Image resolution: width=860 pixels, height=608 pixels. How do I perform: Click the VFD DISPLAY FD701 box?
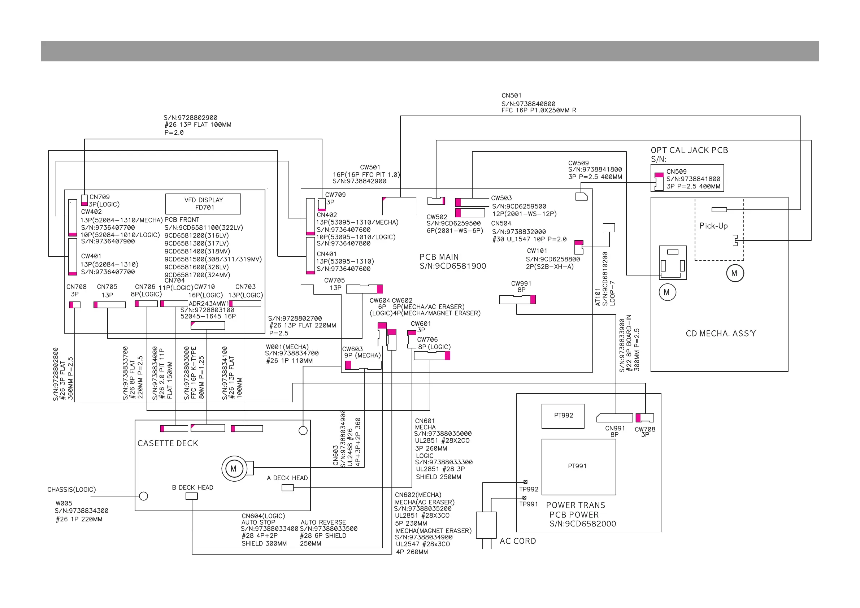pos(203,204)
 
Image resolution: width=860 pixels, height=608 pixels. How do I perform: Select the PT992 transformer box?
pos(563,416)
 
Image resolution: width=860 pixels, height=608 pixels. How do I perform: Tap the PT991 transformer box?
pos(578,466)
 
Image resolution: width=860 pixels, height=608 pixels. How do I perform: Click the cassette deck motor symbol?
pos(233,468)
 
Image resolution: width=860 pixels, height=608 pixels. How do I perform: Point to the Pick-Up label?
pos(713,226)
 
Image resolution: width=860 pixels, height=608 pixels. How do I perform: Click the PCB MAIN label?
pos(439,257)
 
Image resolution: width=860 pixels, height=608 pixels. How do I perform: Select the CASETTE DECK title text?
pos(168,444)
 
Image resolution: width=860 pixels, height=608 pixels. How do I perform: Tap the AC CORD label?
pos(518,541)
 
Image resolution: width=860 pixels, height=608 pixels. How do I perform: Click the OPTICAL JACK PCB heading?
pos(689,150)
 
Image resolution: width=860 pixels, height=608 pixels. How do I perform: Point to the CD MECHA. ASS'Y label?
pos(721,333)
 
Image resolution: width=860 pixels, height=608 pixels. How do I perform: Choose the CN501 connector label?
pos(511,96)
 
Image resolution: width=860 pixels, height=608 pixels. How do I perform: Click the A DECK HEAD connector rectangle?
pos(287,487)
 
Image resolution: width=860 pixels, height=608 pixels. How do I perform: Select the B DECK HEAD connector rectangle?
pos(191,496)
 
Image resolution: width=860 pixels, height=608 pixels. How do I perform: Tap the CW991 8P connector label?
pos(521,287)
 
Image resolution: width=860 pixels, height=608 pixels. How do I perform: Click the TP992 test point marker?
pos(525,482)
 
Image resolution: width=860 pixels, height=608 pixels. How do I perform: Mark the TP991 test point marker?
pos(524,498)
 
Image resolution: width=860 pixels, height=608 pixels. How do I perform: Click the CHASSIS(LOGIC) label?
pos(71,490)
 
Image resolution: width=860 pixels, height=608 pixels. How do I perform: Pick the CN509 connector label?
pos(676,171)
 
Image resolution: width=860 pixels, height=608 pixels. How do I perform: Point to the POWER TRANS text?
pos(575,505)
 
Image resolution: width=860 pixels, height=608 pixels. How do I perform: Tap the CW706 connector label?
pos(427,339)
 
